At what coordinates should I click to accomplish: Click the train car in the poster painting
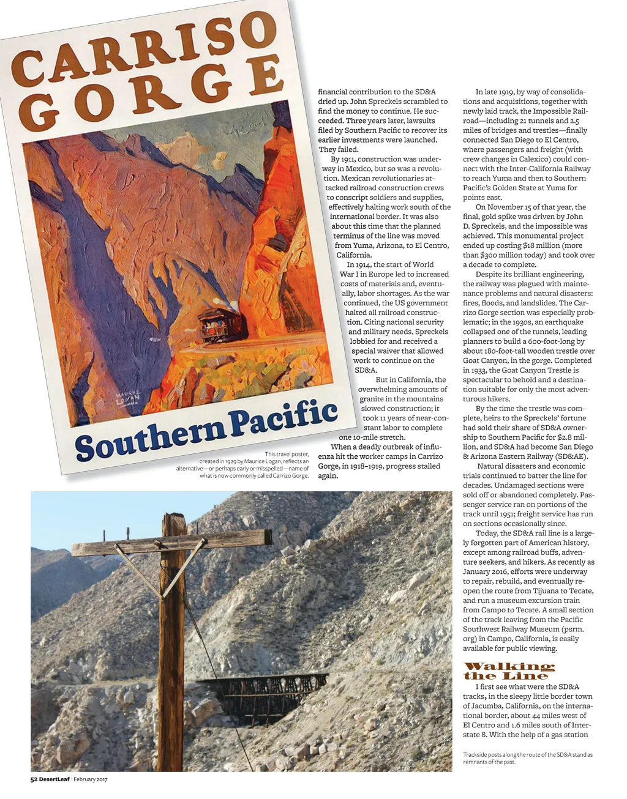[222, 324]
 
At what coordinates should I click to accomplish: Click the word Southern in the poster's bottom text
[151, 439]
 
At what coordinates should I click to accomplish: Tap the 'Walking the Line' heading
[509, 671]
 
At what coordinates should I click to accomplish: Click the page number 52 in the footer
[35, 779]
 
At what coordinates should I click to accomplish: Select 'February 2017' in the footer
[91, 779]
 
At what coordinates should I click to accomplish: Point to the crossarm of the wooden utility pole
[171, 542]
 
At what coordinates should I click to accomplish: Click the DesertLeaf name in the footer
[55, 779]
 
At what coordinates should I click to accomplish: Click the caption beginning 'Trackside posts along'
[527, 758]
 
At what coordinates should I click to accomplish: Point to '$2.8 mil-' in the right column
[575, 437]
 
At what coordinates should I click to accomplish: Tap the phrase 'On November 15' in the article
[505, 207]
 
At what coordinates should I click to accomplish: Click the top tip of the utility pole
[176, 516]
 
